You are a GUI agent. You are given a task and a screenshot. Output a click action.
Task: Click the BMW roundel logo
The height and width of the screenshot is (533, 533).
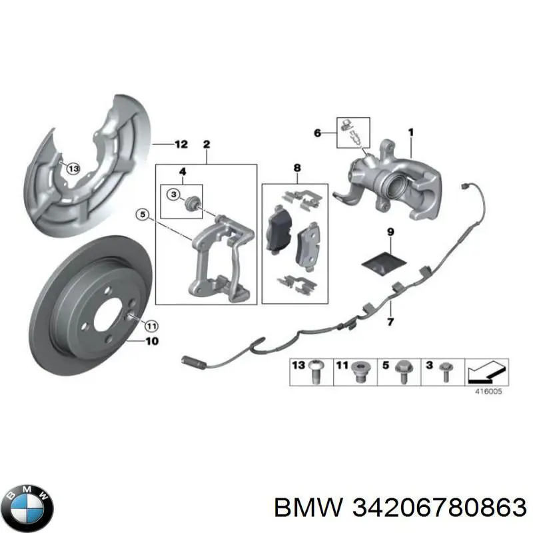29,508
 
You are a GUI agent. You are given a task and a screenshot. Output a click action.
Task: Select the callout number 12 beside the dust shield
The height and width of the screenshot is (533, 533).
181,144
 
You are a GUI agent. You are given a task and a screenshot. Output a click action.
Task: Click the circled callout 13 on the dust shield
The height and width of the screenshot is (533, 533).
73,169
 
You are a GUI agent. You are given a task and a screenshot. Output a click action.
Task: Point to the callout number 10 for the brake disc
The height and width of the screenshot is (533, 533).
152,341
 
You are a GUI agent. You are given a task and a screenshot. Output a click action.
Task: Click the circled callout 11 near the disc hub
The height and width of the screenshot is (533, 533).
151,326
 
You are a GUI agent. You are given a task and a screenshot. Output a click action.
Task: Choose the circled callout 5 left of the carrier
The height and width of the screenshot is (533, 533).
143,215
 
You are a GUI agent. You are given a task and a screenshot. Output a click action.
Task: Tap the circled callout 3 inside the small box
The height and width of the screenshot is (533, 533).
174,195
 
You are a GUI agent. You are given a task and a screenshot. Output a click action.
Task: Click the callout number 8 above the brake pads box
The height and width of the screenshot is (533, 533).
297,168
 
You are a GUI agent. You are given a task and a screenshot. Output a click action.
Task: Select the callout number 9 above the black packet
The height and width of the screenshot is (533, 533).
390,232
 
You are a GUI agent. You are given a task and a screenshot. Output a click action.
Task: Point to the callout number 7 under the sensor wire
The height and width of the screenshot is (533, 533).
390,322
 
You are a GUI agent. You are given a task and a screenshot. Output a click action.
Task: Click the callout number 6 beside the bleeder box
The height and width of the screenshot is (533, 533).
317,133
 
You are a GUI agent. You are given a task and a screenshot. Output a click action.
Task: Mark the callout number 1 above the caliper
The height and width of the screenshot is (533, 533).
410,132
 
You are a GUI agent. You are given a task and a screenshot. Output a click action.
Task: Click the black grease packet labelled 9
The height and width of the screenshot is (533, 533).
384,263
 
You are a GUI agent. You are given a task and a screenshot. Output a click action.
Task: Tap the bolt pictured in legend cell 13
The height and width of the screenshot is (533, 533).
315,372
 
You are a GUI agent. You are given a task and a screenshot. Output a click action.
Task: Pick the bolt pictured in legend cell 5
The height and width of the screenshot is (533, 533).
404,372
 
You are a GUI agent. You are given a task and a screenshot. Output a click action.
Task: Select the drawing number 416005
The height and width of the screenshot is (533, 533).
488,392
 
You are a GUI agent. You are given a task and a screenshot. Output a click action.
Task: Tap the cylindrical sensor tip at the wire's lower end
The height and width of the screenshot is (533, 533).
193,362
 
